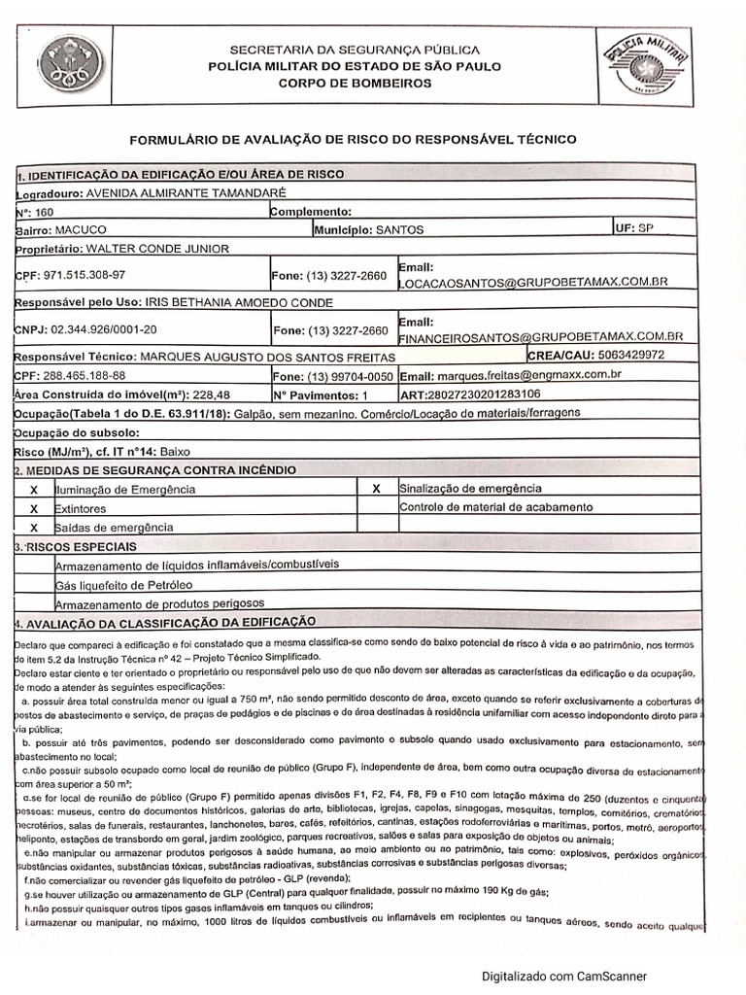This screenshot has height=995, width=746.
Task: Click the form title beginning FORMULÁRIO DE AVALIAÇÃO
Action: point(353,139)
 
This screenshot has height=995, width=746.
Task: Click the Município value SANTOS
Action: point(399,230)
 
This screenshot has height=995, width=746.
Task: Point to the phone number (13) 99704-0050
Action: point(350,376)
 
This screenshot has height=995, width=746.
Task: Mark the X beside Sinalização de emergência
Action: point(376,489)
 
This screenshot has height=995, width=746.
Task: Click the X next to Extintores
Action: point(34,508)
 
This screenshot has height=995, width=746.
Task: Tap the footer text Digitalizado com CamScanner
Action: point(563,977)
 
